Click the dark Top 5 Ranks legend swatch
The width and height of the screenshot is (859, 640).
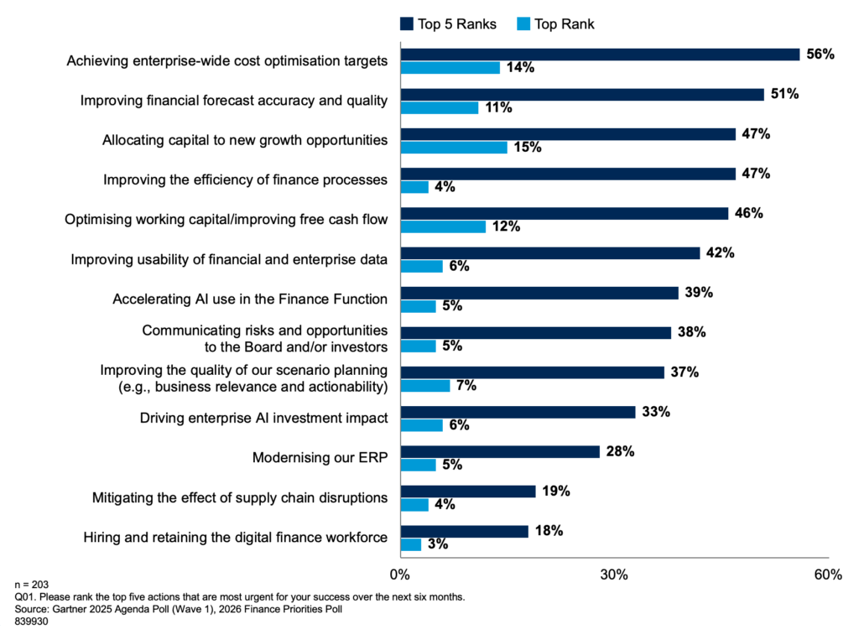click(406, 24)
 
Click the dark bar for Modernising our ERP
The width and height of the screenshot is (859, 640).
click(500, 452)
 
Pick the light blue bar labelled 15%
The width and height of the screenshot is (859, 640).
click(454, 148)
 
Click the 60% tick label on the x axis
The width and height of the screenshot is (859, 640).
click(828, 575)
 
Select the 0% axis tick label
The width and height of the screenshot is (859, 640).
click(400, 575)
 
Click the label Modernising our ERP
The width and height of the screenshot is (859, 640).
click(320, 458)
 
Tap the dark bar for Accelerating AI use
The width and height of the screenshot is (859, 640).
click(539, 293)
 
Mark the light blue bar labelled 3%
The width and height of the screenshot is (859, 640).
click(411, 544)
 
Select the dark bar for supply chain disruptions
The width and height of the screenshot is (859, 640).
click(468, 492)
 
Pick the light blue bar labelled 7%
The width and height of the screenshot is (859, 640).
click(425, 386)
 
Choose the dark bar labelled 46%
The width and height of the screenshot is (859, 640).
click(565, 214)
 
